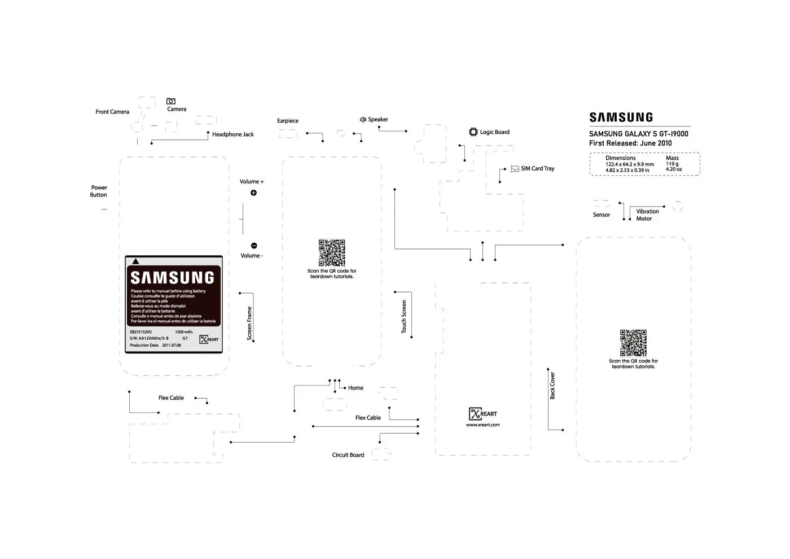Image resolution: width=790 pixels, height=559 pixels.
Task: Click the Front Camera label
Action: pyautogui.click(x=112, y=112)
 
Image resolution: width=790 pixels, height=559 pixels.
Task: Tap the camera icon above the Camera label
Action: pyautogui.click(x=171, y=101)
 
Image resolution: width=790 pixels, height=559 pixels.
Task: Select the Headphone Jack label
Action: pyautogui.click(x=232, y=134)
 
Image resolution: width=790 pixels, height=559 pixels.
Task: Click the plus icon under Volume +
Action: pyautogui.click(x=253, y=193)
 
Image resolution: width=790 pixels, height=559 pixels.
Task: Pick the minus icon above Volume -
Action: pyautogui.click(x=254, y=246)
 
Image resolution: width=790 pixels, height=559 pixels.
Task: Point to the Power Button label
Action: pyautogui.click(x=99, y=191)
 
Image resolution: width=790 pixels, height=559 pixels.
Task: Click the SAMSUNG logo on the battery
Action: pyautogui.click(x=173, y=278)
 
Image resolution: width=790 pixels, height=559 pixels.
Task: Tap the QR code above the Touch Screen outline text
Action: pyautogui.click(x=332, y=252)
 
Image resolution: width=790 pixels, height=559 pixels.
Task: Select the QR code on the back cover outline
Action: pyautogui.click(x=633, y=343)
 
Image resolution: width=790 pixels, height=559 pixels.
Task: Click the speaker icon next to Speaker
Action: pyautogui.click(x=363, y=120)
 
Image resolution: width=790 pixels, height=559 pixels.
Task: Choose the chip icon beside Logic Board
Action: pyautogui.click(x=473, y=132)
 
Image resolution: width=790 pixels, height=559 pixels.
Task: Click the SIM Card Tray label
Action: pyautogui.click(x=537, y=169)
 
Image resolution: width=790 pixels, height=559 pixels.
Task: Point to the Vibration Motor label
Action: pyautogui.click(x=647, y=215)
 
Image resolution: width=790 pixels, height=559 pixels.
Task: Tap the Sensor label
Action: pyautogui.click(x=602, y=215)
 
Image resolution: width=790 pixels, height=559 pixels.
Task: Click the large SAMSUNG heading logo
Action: pyautogui.click(x=621, y=117)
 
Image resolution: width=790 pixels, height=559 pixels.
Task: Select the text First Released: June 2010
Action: pyautogui.click(x=630, y=143)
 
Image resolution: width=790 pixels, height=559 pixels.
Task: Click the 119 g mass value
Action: pyautogui.click(x=672, y=164)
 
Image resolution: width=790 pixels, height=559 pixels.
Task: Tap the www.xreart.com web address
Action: pyautogui.click(x=482, y=425)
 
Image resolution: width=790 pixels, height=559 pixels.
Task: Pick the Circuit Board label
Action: pyautogui.click(x=348, y=455)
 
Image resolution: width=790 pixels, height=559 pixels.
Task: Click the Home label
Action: pyautogui.click(x=355, y=388)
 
